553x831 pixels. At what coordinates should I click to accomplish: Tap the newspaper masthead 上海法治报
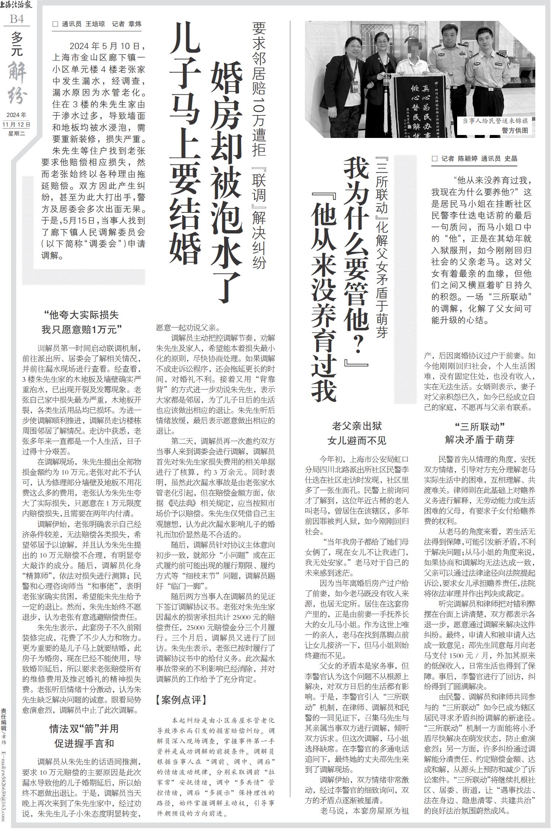[17, 5]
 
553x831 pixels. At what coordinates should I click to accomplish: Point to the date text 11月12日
[17, 124]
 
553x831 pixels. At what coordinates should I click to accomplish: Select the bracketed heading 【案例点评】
[181, 700]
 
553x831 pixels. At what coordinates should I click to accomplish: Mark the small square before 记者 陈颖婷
[435, 159]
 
